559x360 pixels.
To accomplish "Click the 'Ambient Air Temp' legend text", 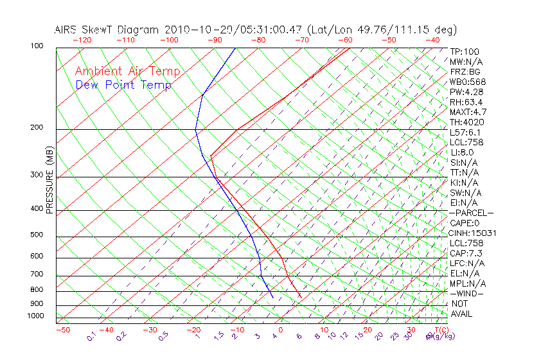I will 127,71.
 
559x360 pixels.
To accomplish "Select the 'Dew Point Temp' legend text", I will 123,85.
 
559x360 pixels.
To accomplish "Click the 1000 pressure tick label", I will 36,316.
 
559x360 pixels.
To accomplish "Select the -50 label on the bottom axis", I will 62,330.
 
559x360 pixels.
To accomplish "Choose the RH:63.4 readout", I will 466,102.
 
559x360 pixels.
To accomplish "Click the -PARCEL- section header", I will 471,213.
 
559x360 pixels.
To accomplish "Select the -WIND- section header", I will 466,293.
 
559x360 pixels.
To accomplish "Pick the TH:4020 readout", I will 467,122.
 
